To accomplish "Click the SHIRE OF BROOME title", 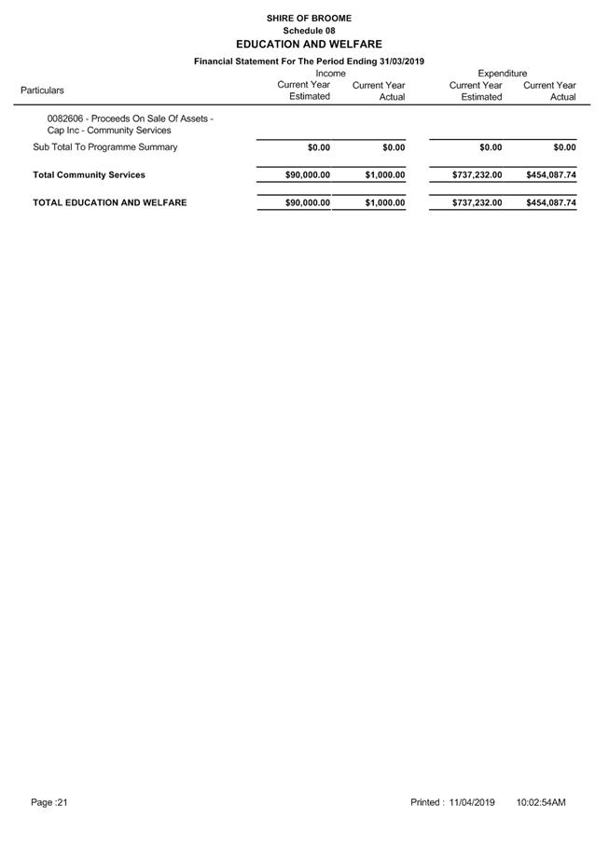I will (309, 18).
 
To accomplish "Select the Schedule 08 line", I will (309, 31).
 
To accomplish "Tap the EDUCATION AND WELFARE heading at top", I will (309, 44).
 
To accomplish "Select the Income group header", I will (330, 73).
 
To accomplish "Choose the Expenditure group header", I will (502, 73).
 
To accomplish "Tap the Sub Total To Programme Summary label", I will (104, 147).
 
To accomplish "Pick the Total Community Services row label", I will (89, 174).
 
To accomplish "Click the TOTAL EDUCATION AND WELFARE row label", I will (109, 202).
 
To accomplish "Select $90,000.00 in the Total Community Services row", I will (307, 174).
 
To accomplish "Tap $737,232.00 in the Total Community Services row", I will (477, 174).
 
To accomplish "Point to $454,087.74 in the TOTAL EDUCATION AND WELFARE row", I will (550, 202).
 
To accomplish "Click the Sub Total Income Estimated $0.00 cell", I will (318, 147).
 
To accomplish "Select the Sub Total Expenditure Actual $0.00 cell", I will (563, 147).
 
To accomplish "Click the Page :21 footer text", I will (49, 802).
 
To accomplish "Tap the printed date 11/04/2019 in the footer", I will (471, 802).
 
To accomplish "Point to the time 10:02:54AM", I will (540, 802).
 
